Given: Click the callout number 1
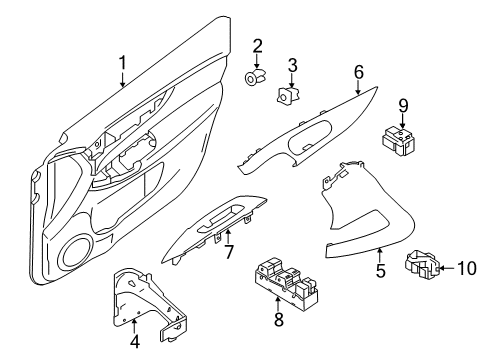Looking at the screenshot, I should (x=122, y=64).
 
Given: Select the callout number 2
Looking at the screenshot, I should (x=257, y=45).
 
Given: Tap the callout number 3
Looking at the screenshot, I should (x=293, y=67).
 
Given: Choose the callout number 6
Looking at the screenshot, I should (x=358, y=71).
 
